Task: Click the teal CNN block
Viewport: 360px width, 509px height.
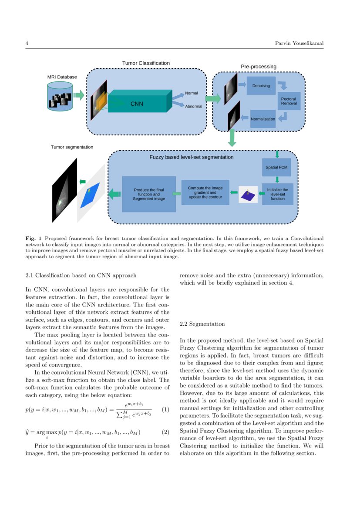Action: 137,104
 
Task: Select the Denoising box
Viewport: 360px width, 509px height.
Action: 261,86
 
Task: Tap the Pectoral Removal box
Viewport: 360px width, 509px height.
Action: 289,101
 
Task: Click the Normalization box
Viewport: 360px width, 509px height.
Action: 263,119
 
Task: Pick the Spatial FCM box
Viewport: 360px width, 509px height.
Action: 276,167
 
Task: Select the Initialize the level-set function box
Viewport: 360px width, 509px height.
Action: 277,194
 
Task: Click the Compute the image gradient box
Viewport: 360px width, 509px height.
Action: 205,192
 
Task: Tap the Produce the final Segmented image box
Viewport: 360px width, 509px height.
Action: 149,194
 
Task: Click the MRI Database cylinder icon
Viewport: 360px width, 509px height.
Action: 60,97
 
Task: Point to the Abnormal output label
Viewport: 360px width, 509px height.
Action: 193,107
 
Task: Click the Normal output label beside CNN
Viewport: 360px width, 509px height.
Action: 191,93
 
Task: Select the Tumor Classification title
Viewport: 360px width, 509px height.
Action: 146,63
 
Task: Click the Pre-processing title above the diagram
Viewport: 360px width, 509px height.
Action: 259,67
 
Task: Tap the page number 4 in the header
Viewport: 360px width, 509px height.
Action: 27,44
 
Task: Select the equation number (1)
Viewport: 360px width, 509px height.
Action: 165,410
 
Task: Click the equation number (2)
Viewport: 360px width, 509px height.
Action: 165,432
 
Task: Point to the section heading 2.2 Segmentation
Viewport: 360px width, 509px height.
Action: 202,324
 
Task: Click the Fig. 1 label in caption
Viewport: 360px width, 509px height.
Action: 34,239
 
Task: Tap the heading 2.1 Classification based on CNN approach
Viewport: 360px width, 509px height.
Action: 81,275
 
